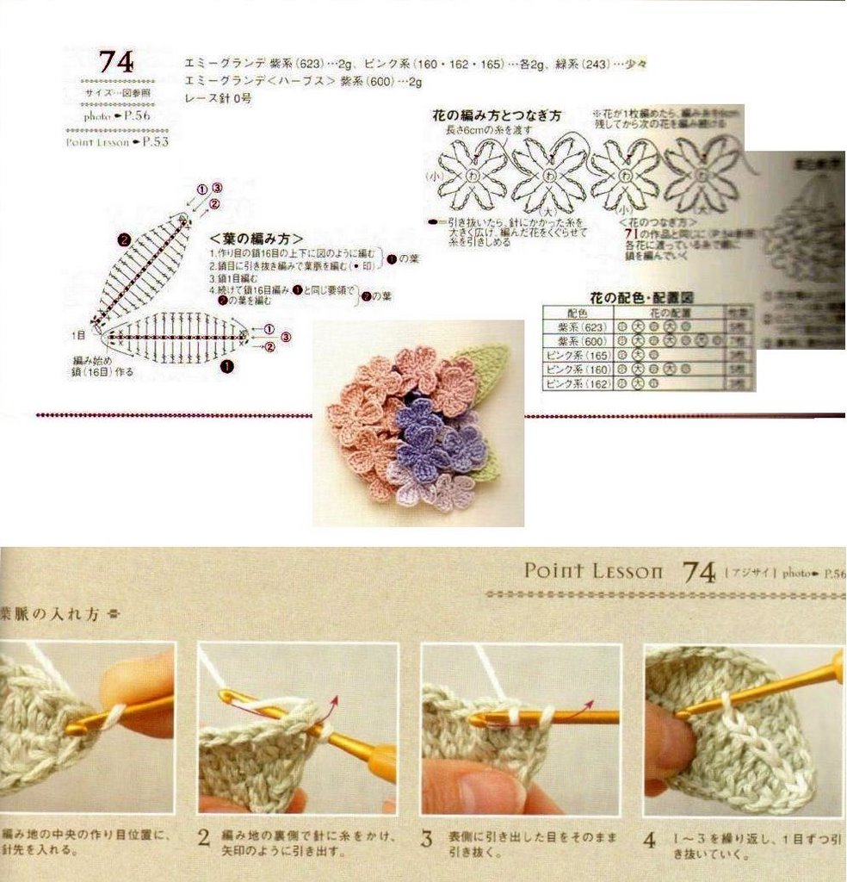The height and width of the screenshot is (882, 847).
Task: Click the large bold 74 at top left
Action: click(115, 62)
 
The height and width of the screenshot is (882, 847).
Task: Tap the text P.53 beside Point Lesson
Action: click(155, 142)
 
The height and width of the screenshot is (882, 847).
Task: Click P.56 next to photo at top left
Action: click(136, 115)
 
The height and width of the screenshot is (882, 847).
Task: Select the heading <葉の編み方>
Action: click(256, 239)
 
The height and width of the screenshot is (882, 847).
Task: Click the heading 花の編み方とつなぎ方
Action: click(496, 115)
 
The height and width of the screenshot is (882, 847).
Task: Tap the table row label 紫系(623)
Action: click(583, 328)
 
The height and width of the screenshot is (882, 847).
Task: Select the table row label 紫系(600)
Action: click(583, 342)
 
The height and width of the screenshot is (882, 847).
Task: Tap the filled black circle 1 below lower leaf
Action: click(227, 365)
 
